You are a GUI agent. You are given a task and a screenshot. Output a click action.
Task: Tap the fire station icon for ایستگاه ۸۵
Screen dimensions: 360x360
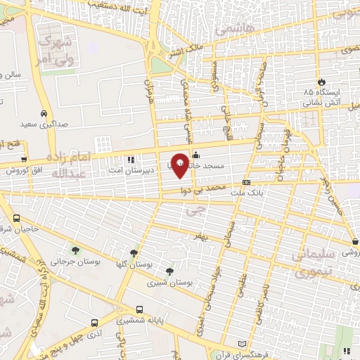coord(321,82)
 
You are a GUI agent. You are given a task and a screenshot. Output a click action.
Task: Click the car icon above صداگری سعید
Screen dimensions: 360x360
coord(44,112)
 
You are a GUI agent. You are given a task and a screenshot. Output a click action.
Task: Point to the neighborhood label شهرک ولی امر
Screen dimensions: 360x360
coord(55,53)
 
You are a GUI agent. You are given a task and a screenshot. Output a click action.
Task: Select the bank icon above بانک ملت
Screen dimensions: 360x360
coord(246,183)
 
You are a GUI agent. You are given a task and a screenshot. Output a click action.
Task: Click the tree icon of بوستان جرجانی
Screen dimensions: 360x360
coord(75,250)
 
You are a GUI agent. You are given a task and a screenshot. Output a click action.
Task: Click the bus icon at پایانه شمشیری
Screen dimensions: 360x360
coord(139,309)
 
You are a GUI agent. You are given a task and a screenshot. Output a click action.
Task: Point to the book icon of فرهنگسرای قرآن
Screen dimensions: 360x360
coord(243,344)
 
